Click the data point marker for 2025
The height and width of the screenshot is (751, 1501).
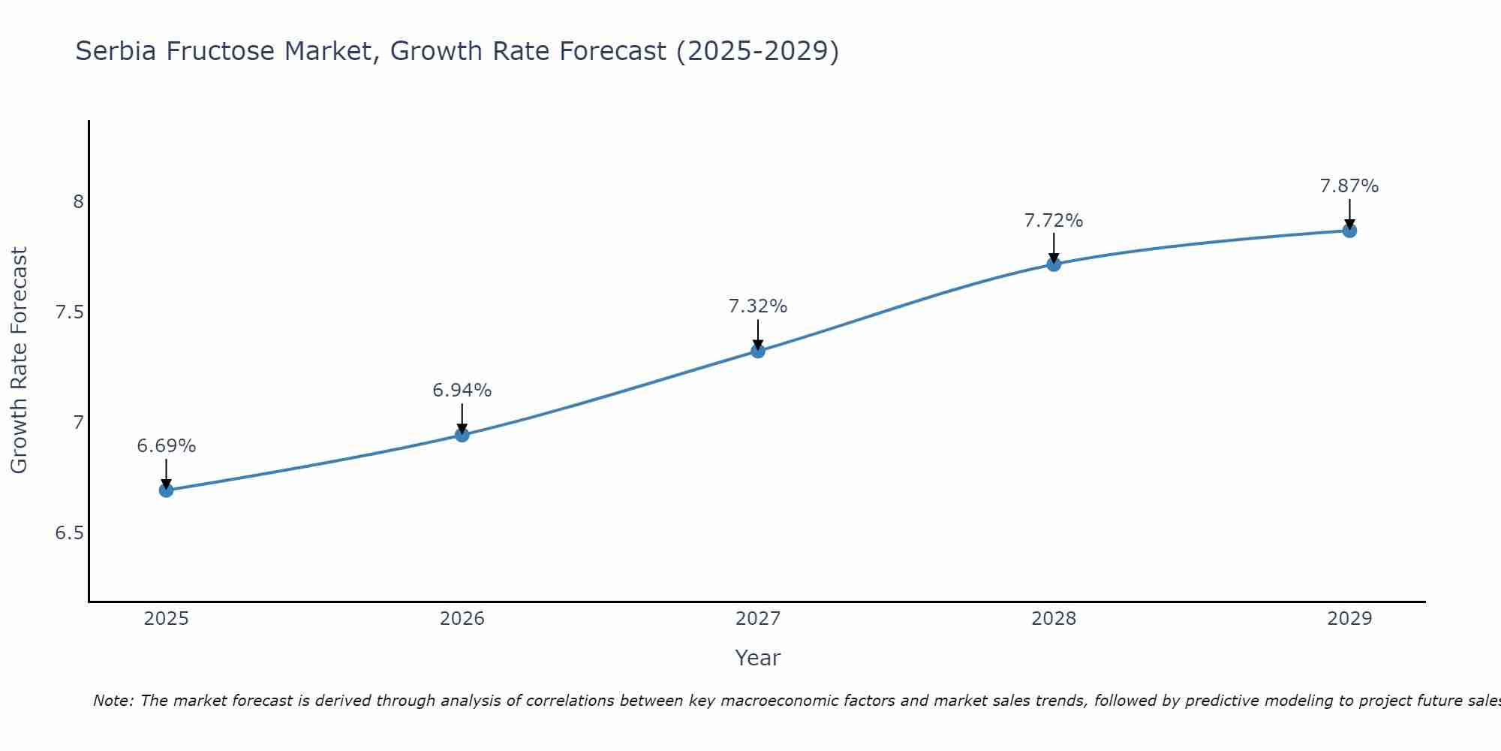166,490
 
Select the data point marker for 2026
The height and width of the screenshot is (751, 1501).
462,435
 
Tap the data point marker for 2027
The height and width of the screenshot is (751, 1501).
758,351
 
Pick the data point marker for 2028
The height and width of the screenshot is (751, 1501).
1054,264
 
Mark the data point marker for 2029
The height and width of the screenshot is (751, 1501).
1349,231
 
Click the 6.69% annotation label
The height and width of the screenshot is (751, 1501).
166,446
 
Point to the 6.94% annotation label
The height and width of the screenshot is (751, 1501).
462,391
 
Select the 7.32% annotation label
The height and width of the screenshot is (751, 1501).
758,306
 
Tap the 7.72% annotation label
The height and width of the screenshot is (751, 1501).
1054,221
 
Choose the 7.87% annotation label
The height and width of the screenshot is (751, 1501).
1349,186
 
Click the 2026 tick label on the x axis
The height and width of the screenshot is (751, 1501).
462,619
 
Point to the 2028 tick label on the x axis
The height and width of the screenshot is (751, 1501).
1054,619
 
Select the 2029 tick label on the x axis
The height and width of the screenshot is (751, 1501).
1349,619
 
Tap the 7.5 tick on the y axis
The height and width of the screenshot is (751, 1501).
69,312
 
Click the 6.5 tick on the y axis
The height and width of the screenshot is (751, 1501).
69,533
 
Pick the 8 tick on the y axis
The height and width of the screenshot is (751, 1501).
78,202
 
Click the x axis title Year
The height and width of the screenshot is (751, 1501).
758,658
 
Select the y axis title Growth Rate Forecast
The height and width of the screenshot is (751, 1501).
19,360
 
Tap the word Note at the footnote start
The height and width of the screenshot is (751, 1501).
113,701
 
